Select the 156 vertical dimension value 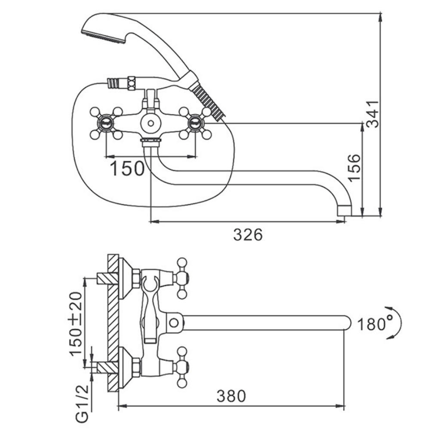click(354, 167)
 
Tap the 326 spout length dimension click(248, 235)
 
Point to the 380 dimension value click(231, 396)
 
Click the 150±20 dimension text click(76, 324)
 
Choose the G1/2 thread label click(82, 404)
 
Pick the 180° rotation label click(375, 324)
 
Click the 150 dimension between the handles click(127, 168)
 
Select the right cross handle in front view click(195, 123)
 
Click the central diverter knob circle click(150, 123)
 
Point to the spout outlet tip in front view click(344, 210)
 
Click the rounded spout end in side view click(347, 322)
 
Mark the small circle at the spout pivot click(174, 322)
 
